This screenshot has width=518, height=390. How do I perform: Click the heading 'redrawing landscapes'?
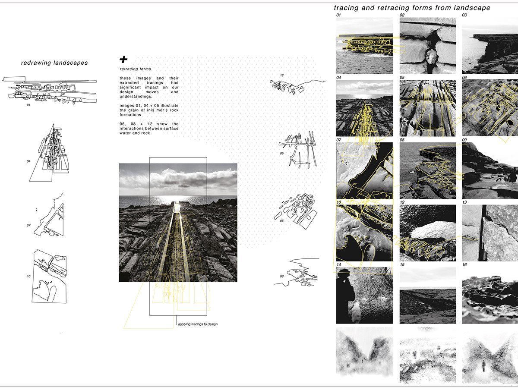(54, 63)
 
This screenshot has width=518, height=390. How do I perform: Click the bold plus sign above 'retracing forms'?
(124, 60)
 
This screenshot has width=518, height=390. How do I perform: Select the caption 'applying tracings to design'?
(197, 324)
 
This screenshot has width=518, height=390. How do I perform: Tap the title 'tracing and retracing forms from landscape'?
(412, 8)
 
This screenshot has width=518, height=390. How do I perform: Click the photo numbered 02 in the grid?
(428, 46)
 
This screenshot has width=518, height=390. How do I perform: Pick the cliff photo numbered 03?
(490, 46)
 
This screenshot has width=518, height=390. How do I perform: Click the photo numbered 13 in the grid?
(490, 233)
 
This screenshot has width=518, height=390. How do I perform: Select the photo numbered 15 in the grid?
(428, 296)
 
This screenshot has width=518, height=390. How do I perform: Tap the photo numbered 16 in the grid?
(490, 296)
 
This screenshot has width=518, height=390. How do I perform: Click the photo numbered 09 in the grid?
(490, 170)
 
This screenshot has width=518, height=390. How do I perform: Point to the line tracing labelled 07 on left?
(51, 214)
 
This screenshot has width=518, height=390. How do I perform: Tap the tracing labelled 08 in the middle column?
(298, 271)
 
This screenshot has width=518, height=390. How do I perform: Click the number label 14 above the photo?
(339, 264)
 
